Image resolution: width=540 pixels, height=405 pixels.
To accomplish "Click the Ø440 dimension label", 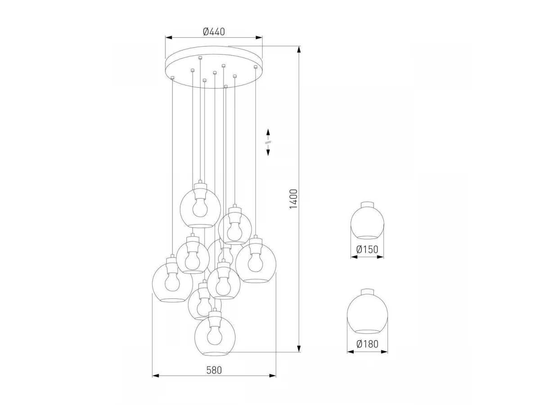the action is pos(214,31).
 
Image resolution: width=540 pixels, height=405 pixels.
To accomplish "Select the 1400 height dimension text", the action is pos(293,199).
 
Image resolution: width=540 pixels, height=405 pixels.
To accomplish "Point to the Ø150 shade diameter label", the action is pos(367,250).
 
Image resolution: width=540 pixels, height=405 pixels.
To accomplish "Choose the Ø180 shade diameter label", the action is pos(367,344).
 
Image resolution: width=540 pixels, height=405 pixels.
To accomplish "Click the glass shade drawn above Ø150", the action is pos(367,220).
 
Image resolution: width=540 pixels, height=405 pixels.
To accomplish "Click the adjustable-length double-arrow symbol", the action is pos(268,142).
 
